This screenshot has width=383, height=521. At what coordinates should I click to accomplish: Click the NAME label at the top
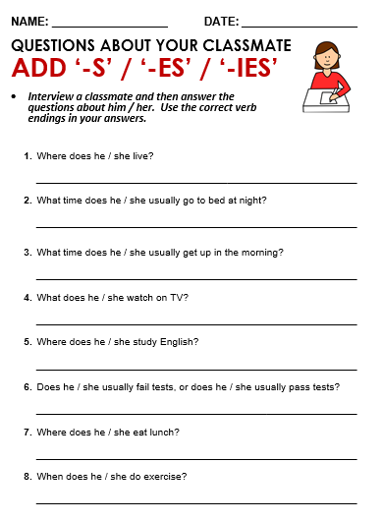click(x=29, y=21)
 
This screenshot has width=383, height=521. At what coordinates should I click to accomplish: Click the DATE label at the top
click(x=220, y=21)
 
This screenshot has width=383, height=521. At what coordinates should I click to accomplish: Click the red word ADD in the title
click(x=42, y=69)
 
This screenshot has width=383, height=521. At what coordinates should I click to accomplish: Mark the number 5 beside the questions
click(x=27, y=342)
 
